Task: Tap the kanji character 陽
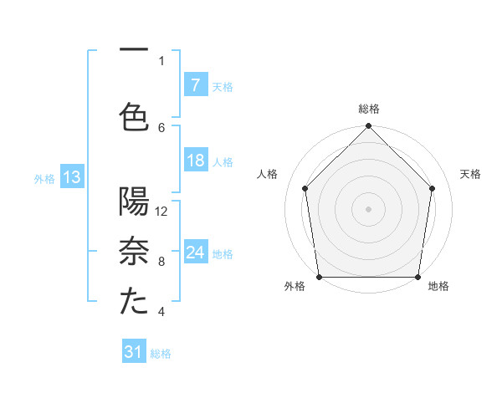[x=134, y=202]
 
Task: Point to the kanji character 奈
[x=134, y=252]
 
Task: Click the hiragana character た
[x=134, y=302]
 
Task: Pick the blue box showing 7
[x=195, y=85]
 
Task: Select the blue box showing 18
[x=195, y=161]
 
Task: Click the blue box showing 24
[x=195, y=253]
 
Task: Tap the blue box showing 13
[x=71, y=177]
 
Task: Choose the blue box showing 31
[x=134, y=353]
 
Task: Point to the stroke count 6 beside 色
[x=161, y=127]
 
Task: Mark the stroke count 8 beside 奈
[x=161, y=262]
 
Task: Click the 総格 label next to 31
[x=161, y=354]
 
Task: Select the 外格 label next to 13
[x=44, y=178]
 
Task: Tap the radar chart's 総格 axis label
[x=369, y=109]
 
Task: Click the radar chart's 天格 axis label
[x=471, y=174]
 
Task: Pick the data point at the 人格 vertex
[x=305, y=188]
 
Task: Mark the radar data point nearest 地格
[x=417, y=277]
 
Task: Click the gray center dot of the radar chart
[x=368, y=208]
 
